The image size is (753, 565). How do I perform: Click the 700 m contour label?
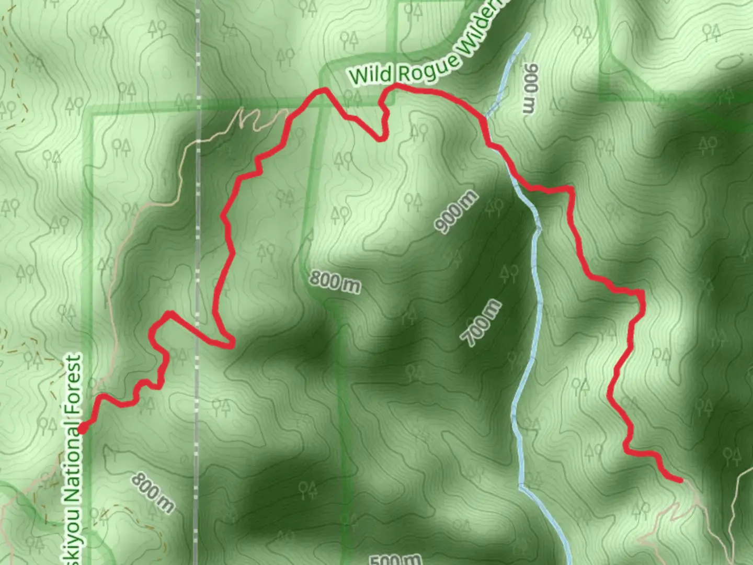(482, 323)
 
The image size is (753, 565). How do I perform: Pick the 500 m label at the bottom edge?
(395, 559)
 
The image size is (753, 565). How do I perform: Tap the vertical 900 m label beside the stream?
(530, 88)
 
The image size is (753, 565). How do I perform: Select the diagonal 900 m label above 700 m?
(457, 211)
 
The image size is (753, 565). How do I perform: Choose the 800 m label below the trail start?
(152, 492)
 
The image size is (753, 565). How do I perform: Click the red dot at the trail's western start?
(83, 430)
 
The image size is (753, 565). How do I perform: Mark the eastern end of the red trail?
(680, 480)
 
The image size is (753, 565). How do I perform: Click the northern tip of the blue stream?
(527, 35)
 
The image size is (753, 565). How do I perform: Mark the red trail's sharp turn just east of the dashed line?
(230, 344)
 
